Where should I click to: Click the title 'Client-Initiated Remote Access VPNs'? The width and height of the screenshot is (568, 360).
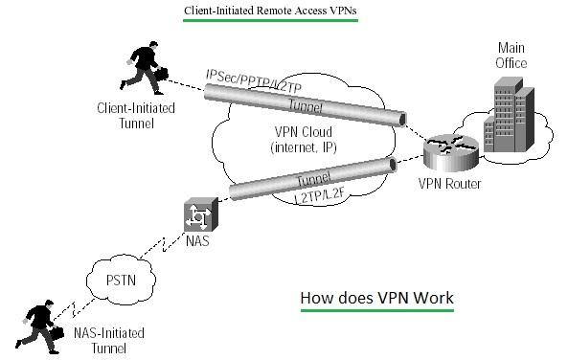tap(270, 12)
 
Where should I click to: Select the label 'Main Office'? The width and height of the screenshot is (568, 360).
tap(512, 56)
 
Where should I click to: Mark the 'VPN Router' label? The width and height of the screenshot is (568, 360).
tap(450, 183)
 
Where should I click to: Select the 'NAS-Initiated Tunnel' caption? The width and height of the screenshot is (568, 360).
tap(109, 341)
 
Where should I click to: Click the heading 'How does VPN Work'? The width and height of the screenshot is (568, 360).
tap(376, 299)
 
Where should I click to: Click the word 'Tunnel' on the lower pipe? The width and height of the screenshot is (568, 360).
tap(312, 180)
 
